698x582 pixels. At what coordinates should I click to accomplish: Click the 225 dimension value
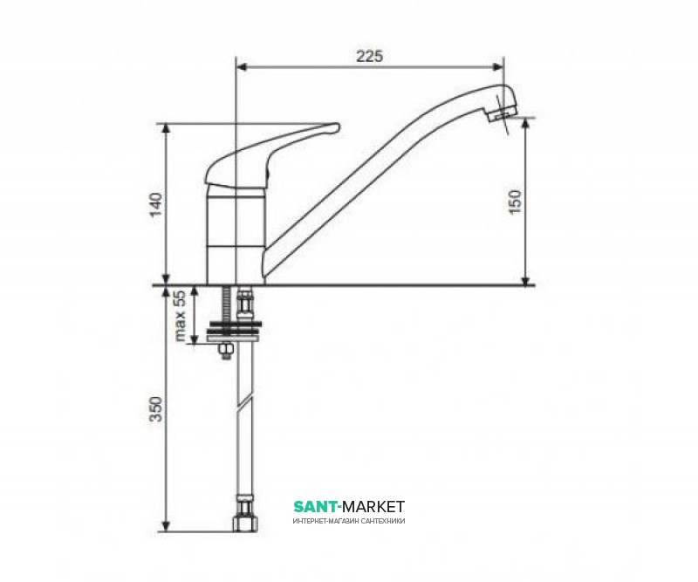(369, 57)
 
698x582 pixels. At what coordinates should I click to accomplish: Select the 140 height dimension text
(157, 205)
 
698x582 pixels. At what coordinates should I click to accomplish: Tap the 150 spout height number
(515, 202)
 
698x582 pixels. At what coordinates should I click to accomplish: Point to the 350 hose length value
(157, 408)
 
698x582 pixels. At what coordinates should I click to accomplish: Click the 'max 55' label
(181, 315)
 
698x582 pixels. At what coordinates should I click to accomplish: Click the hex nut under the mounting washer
(226, 352)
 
